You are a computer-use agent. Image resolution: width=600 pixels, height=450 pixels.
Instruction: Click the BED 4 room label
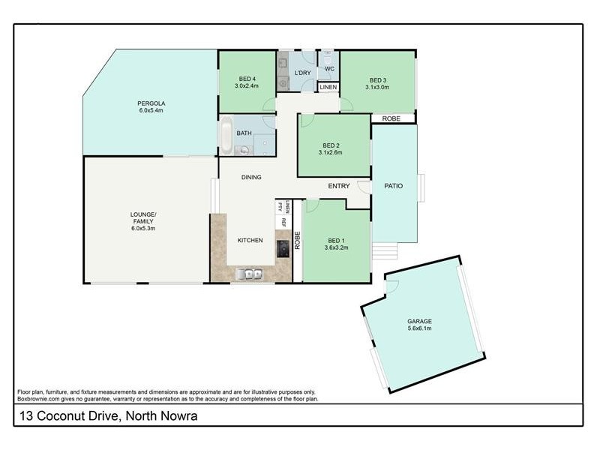(247, 78)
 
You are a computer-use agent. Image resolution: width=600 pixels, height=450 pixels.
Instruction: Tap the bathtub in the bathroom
(226, 134)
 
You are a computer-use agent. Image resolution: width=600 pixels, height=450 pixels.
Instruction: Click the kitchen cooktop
(283, 248)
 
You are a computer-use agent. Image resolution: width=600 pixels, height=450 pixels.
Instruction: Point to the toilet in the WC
(328, 58)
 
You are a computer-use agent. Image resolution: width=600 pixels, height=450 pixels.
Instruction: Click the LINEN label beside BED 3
(328, 88)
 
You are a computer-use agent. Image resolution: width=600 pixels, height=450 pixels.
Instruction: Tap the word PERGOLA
(150, 103)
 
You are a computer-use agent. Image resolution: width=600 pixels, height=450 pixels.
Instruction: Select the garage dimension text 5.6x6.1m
(420, 328)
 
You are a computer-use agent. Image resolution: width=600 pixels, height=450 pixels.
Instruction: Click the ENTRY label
(339, 186)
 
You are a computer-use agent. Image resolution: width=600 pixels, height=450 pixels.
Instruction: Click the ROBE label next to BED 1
(297, 240)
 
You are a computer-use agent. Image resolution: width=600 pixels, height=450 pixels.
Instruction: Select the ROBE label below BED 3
(391, 118)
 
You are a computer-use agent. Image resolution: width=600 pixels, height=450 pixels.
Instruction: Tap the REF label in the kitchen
(283, 222)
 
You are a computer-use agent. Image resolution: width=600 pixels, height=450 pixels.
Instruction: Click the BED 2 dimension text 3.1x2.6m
(331, 152)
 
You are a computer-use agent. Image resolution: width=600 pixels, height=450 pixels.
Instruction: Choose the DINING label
(251, 178)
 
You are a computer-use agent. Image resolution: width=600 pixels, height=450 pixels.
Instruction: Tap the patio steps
(385, 250)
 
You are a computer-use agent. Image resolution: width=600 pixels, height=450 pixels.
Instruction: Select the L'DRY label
(302, 72)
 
